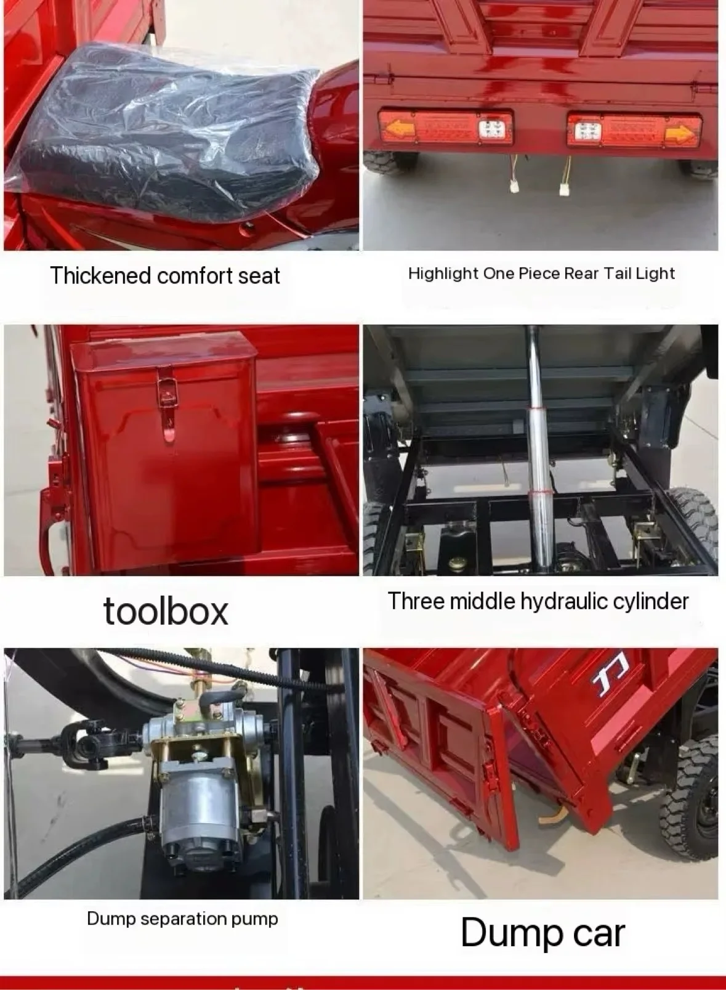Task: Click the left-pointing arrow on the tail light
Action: tap(401, 129)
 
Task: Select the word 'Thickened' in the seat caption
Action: tap(101, 276)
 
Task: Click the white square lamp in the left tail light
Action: tap(492, 129)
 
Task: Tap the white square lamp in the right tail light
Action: tap(587, 131)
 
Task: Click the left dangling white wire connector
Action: tap(514, 185)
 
